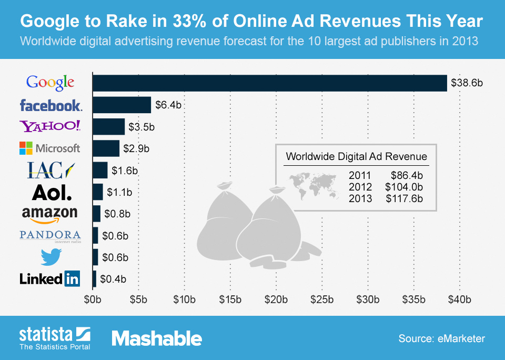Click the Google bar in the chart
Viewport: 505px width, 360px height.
[269, 83]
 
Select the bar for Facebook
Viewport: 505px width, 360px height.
[122, 105]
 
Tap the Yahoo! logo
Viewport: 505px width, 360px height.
[50, 126]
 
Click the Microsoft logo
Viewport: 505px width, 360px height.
[50, 148]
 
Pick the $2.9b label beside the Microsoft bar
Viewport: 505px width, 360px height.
[136, 148]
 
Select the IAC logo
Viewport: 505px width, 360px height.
[50, 170]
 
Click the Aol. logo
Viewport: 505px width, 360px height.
[52, 192]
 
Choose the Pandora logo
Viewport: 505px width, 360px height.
[50, 235]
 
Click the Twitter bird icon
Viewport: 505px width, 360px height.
[51, 257]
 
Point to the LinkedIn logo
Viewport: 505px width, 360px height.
[50, 279]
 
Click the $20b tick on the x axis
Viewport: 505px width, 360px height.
[276, 301]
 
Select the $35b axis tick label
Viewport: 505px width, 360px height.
[413, 301]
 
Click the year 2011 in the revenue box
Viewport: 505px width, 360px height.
[360, 175]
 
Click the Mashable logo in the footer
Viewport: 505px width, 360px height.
[157, 338]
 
